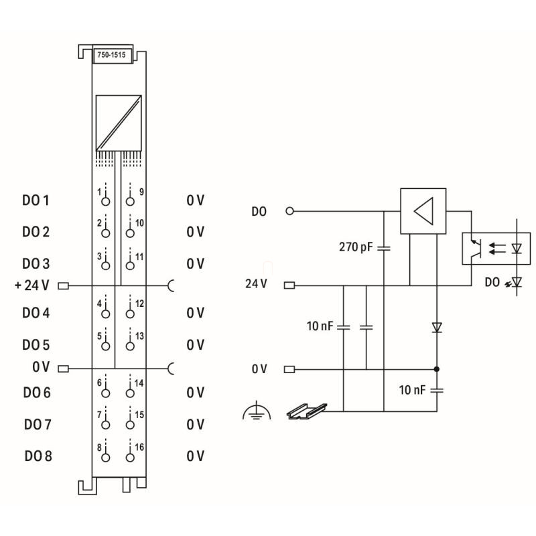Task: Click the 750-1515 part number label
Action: [x=111, y=55]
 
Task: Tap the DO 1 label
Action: [x=36, y=200]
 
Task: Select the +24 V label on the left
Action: [x=31, y=285]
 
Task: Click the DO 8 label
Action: [x=38, y=456]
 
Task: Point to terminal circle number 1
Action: [x=106, y=202]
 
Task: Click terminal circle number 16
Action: [x=130, y=458]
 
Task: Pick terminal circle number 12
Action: [x=130, y=314]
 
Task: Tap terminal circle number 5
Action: [x=106, y=346]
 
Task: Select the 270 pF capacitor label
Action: [x=356, y=247]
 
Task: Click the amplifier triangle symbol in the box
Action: [x=423, y=211]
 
